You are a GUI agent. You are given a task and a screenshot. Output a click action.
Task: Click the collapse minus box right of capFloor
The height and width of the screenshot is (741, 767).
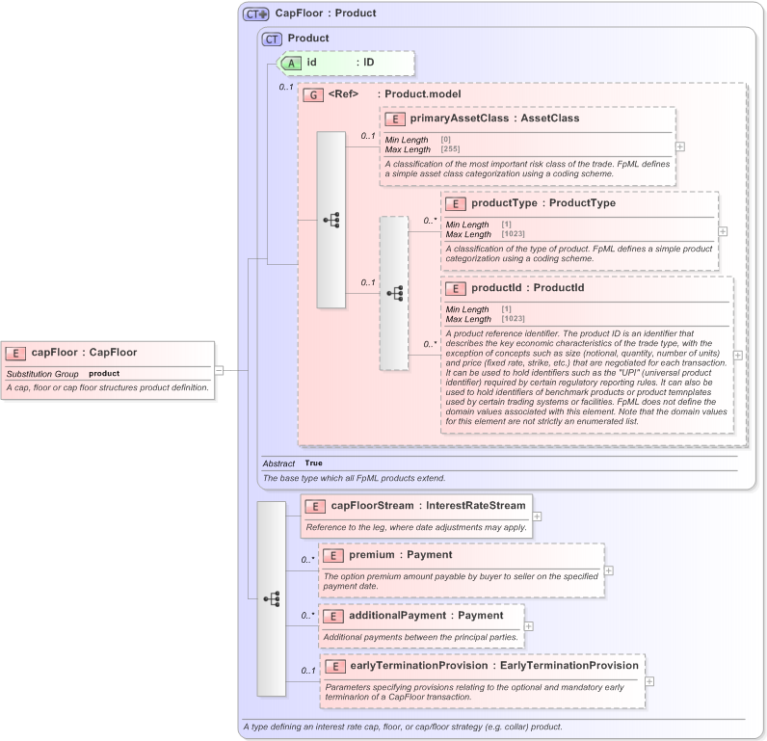(219, 369)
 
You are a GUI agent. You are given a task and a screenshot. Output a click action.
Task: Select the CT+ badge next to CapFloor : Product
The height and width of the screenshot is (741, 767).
(255, 13)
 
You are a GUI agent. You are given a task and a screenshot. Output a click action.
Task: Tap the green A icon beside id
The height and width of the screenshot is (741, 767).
(291, 63)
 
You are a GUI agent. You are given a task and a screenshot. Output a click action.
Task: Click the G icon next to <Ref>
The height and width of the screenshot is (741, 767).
(312, 94)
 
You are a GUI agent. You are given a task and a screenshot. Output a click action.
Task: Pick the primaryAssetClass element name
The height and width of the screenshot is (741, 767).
(458, 119)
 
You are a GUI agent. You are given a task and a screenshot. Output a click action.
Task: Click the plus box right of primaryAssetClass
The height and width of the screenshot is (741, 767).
(680, 146)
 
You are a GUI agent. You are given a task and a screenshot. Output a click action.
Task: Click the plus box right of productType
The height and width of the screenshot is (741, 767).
(724, 231)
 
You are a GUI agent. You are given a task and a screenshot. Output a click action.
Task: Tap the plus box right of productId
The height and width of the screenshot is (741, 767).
(738, 356)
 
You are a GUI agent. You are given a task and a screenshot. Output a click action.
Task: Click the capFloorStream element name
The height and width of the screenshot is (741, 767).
(373, 505)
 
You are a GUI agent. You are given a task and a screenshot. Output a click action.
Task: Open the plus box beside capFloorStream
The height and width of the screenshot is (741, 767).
(537, 517)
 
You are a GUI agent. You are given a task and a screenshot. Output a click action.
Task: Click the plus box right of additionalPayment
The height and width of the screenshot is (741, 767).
(528, 625)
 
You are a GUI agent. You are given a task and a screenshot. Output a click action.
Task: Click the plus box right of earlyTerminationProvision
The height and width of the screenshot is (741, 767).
(648, 682)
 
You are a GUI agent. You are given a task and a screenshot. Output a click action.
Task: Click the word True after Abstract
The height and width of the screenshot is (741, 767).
(313, 463)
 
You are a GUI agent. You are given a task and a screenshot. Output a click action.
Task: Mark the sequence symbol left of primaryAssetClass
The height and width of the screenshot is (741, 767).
(331, 220)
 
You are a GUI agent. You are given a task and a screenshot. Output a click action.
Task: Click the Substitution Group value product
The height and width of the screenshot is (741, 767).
(104, 373)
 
